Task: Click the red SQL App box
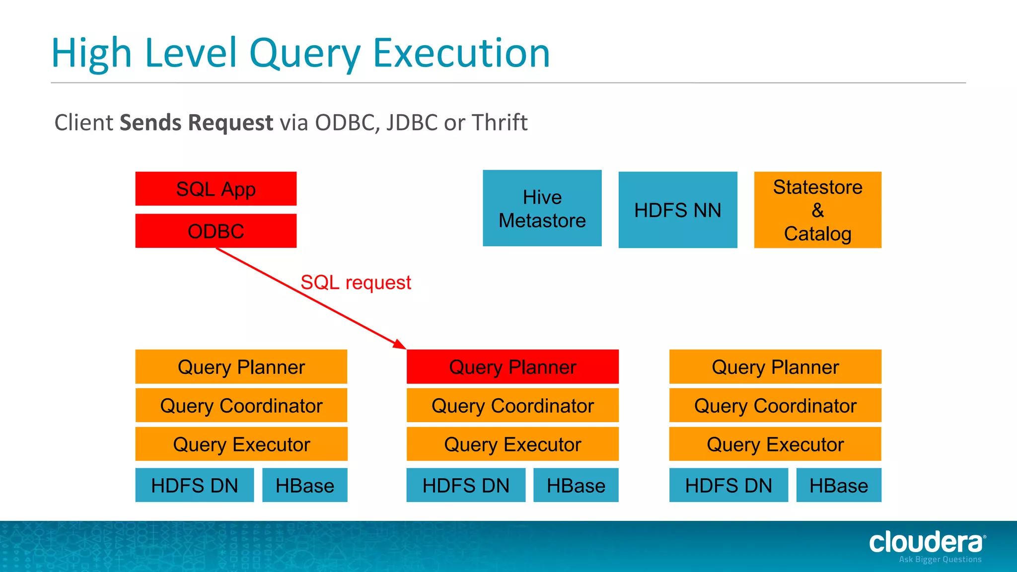click(x=216, y=189)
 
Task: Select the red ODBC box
click(x=216, y=231)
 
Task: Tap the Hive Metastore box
click(x=542, y=208)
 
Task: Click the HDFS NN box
click(x=677, y=210)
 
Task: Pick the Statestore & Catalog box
click(x=817, y=210)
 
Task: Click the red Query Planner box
click(x=512, y=366)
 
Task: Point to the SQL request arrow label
click(x=356, y=283)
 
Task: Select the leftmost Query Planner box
click(x=241, y=366)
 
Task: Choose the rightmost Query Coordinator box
click(x=775, y=405)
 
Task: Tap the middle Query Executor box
click(x=512, y=444)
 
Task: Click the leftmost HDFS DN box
click(x=194, y=485)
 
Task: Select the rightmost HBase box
click(x=839, y=485)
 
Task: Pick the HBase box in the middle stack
click(x=576, y=485)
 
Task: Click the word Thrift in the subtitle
click(x=500, y=122)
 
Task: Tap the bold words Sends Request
click(x=196, y=122)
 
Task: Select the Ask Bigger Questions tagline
click(x=940, y=560)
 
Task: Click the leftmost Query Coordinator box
click(x=241, y=405)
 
